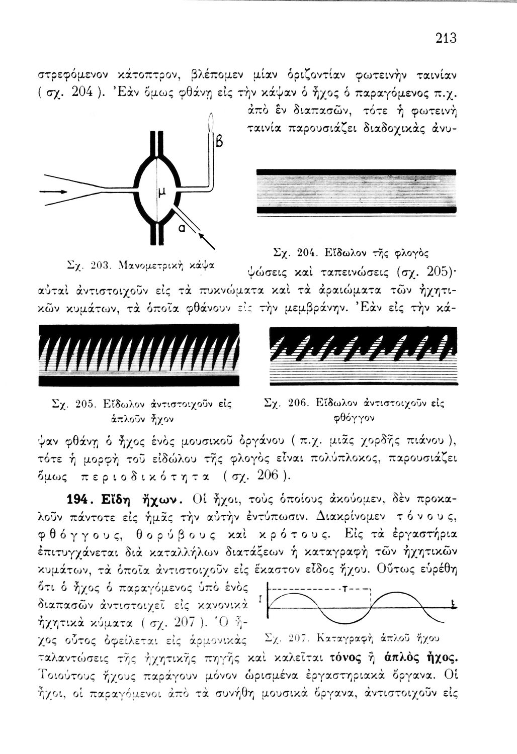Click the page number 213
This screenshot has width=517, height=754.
(446, 38)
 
